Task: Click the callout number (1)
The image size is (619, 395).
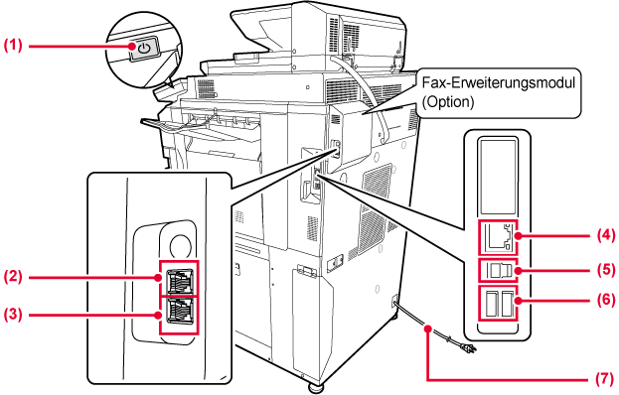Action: pos(13,45)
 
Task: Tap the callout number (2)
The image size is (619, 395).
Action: pos(13,276)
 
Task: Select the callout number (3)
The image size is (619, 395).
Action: pos(13,315)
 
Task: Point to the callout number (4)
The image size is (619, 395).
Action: pos(605,236)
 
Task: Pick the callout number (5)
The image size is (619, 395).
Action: pos(605,270)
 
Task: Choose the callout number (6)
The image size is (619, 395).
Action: pos(605,300)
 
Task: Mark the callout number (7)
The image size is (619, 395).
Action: pos(605,378)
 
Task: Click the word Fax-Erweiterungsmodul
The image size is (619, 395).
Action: pos(499,83)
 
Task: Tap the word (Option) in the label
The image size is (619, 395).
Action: pos(448,102)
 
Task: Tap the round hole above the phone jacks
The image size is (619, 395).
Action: pos(180,245)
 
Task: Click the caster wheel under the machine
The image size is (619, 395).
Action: pos(315,386)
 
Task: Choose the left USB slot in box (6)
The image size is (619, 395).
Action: pos(490,303)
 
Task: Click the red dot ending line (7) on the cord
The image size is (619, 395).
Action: pos(427,329)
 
